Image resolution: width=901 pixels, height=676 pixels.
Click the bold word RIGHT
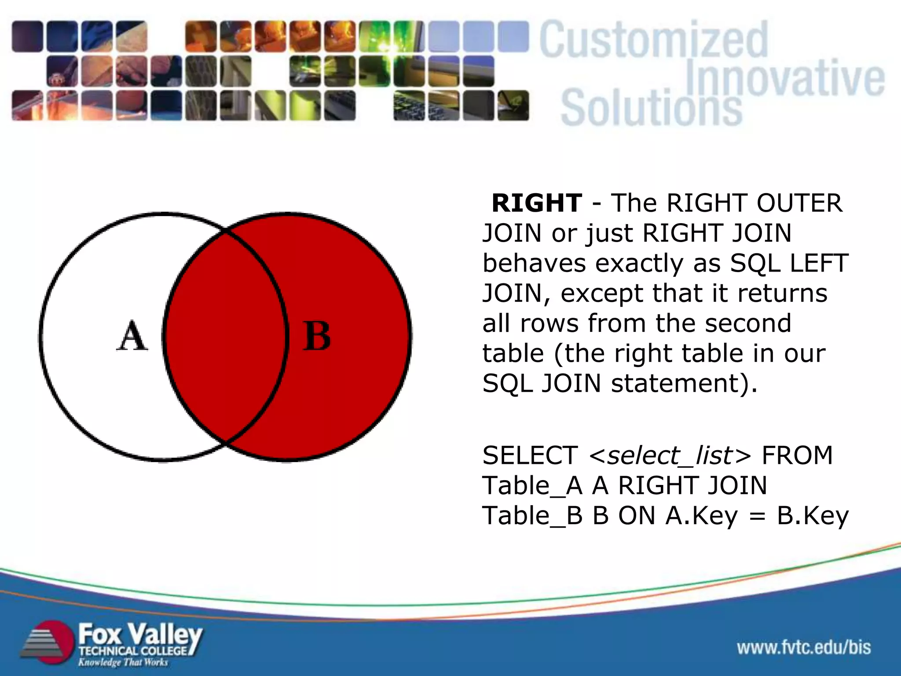pyautogui.click(x=537, y=203)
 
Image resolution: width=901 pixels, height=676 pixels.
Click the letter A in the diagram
pyautogui.click(x=132, y=337)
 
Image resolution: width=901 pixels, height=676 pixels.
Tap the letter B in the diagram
pyautogui.click(x=317, y=337)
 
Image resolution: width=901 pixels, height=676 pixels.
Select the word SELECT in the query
pyautogui.click(x=530, y=456)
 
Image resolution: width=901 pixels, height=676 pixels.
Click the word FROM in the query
pyautogui.click(x=797, y=456)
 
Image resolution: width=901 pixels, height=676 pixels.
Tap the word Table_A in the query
pyautogui.click(x=532, y=486)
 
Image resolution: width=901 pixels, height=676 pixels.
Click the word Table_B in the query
pyautogui.click(x=532, y=516)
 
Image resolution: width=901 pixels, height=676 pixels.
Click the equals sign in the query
pyautogui.click(x=757, y=516)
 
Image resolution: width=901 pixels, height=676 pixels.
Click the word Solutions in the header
pyautogui.click(x=651, y=108)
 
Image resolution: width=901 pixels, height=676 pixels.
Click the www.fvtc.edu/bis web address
pyautogui.click(x=804, y=648)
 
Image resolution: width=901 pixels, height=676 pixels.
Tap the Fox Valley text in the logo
pyautogui.click(x=140, y=635)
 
